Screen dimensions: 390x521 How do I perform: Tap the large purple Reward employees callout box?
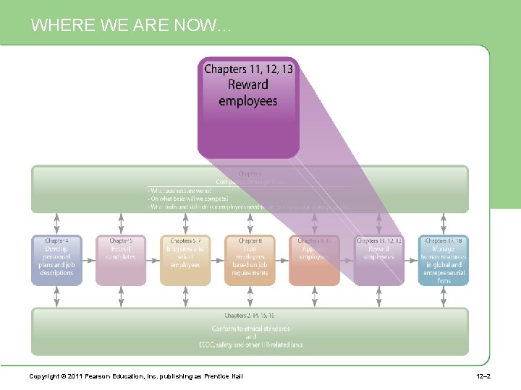point(248,107)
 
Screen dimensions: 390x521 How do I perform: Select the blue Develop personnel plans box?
point(56,259)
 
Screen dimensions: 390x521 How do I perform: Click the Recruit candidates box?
point(121,259)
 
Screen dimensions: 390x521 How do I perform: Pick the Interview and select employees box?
point(185,259)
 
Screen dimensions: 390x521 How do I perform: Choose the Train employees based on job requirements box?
point(250,259)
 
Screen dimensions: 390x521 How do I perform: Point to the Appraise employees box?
point(314,259)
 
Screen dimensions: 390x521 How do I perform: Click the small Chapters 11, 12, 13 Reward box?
point(378,259)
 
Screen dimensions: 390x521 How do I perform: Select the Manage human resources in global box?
point(443,259)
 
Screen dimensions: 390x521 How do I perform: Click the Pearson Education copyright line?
point(135,376)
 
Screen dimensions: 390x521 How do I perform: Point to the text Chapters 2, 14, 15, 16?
point(249,316)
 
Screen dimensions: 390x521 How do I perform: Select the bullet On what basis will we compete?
point(188,199)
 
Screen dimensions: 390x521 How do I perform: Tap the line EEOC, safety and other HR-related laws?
point(250,344)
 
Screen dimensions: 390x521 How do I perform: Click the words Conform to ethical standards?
point(250,329)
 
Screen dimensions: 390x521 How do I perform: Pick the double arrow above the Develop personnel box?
point(56,223)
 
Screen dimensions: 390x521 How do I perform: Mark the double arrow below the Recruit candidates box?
point(121,296)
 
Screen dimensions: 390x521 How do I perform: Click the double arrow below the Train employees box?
point(250,296)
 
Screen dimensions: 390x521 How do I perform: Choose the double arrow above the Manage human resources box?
point(443,223)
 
